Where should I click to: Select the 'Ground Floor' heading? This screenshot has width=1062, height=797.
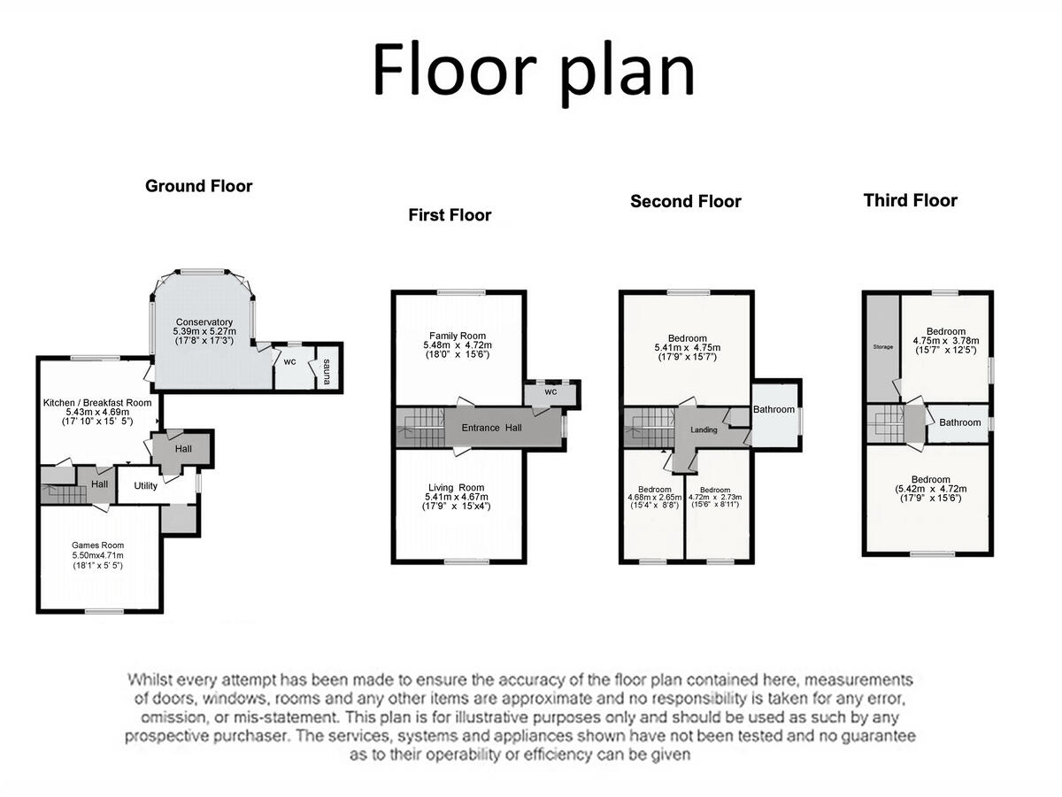click(x=198, y=186)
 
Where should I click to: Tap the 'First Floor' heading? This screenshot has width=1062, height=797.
click(x=450, y=215)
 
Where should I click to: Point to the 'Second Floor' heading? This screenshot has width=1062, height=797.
click(x=685, y=201)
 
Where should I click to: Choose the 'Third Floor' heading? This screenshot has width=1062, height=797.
click(x=910, y=200)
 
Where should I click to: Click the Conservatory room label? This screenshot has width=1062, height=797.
click(x=204, y=322)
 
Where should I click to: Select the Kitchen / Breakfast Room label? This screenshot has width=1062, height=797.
click(x=97, y=403)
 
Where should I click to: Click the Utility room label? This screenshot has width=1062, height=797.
click(x=145, y=486)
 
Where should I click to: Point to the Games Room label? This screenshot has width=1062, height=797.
click(x=97, y=546)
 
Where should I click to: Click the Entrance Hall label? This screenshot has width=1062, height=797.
click(x=491, y=428)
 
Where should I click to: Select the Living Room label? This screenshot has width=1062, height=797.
click(x=456, y=488)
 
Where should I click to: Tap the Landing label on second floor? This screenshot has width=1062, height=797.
click(x=703, y=429)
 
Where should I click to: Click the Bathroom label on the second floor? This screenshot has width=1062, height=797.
click(x=773, y=410)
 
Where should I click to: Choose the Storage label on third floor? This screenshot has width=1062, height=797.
click(x=881, y=347)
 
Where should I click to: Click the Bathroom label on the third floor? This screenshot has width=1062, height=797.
click(x=960, y=422)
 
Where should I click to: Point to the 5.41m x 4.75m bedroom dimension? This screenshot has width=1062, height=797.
click(x=687, y=348)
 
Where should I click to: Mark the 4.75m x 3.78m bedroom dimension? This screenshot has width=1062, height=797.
click(x=946, y=341)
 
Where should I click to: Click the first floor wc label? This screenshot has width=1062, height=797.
click(x=550, y=391)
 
